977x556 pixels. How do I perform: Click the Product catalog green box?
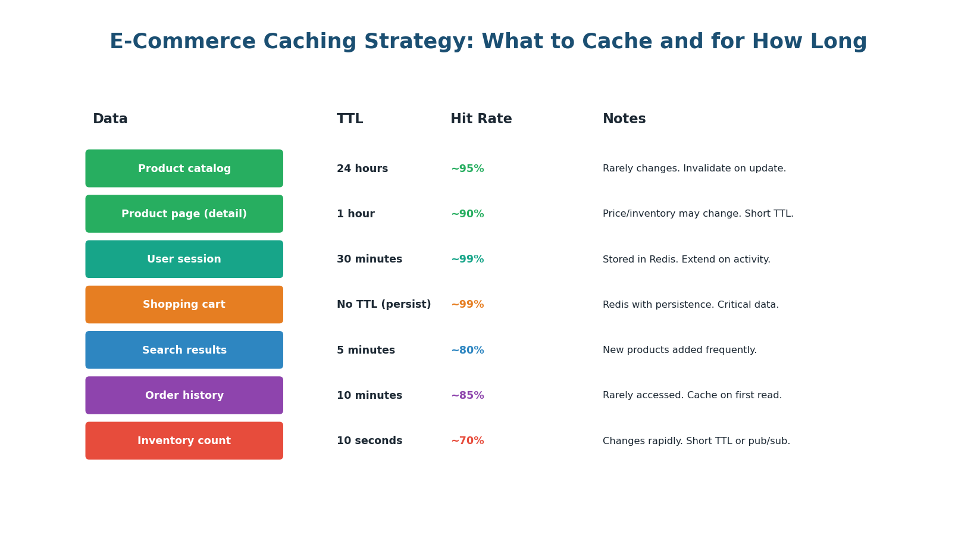tap(184, 168)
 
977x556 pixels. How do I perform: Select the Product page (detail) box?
tap(184, 214)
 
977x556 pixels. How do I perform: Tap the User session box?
tap(184, 259)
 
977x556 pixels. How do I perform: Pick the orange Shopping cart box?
tap(184, 304)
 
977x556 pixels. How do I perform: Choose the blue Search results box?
tap(184, 350)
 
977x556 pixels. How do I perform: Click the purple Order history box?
tap(184, 395)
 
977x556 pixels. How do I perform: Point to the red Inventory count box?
tap(184, 441)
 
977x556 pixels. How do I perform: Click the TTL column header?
tap(350, 119)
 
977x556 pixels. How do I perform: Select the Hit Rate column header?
tap(481, 119)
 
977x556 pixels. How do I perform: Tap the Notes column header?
tap(624, 119)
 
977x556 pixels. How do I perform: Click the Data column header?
tap(110, 119)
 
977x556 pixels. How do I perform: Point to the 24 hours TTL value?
tap(362, 169)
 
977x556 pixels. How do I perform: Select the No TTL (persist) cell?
tap(384, 305)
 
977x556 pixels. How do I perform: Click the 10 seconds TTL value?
tap(369, 441)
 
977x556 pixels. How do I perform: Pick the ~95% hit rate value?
tap(467, 169)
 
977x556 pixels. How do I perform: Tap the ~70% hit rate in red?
tap(467, 441)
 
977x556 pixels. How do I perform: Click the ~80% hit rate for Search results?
tap(467, 351)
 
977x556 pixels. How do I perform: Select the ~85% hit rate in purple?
tap(467, 396)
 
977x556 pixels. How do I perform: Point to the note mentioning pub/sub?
tap(696, 441)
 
